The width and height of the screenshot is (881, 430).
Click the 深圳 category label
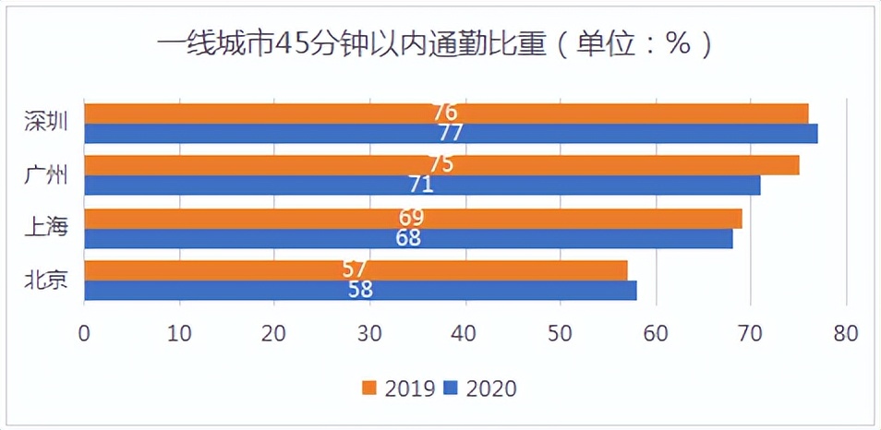click(x=46, y=122)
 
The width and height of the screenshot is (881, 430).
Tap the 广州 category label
click(x=46, y=175)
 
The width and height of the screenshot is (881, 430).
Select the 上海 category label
click(x=46, y=227)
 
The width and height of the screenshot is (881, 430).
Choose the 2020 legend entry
click(x=480, y=388)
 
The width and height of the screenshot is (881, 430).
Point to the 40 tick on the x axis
click(x=464, y=333)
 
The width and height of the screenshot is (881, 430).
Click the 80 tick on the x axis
click(x=844, y=333)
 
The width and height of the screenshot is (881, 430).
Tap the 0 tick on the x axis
click(x=84, y=333)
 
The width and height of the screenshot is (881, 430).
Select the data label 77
click(x=450, y=133)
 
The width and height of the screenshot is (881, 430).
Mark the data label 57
click(x=355, y=269)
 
